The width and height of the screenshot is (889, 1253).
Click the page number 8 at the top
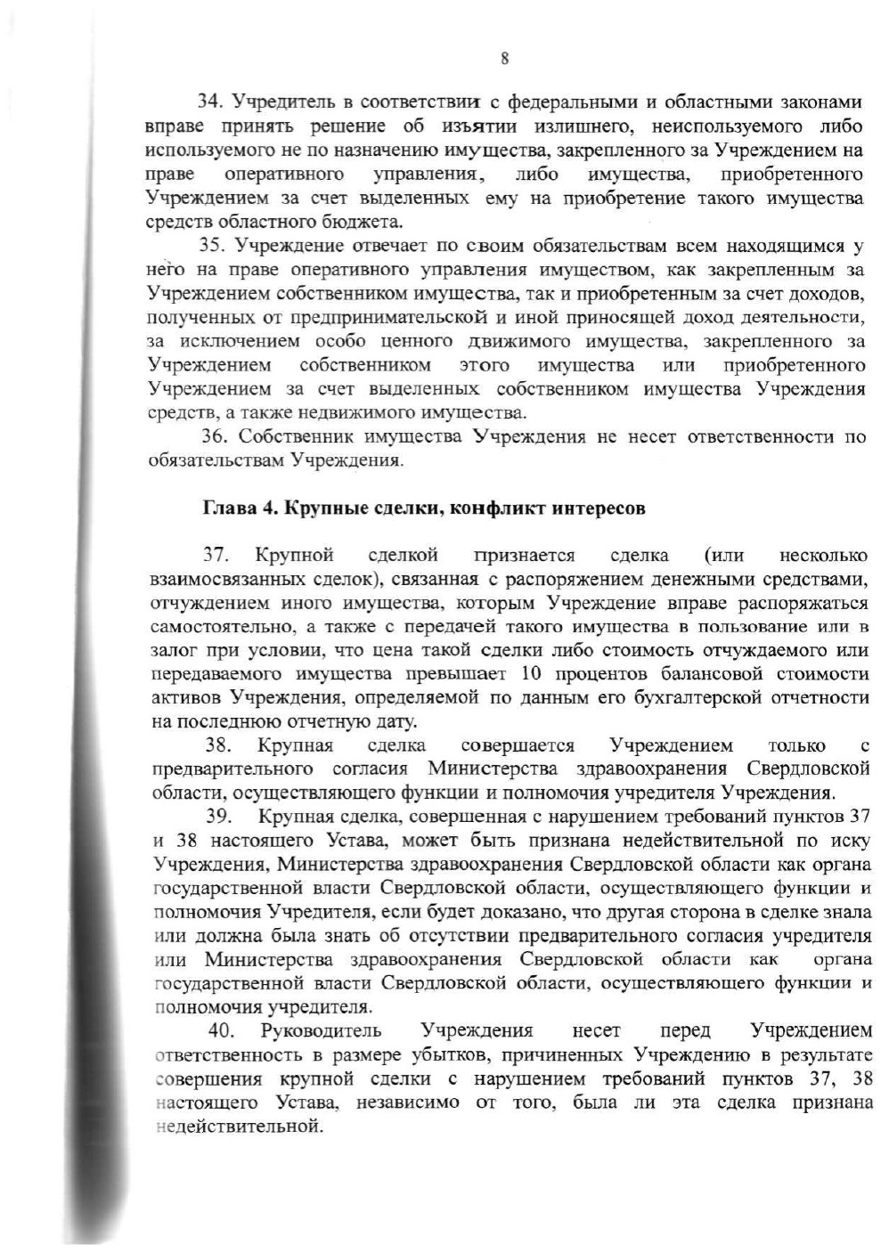click(504, 60)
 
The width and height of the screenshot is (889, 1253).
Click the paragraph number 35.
click(211, 245)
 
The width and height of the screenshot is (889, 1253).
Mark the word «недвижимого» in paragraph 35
click(344, 412)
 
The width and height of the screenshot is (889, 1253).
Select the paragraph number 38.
click(219, 745)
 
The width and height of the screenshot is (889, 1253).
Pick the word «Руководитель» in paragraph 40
click(321, 1031)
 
